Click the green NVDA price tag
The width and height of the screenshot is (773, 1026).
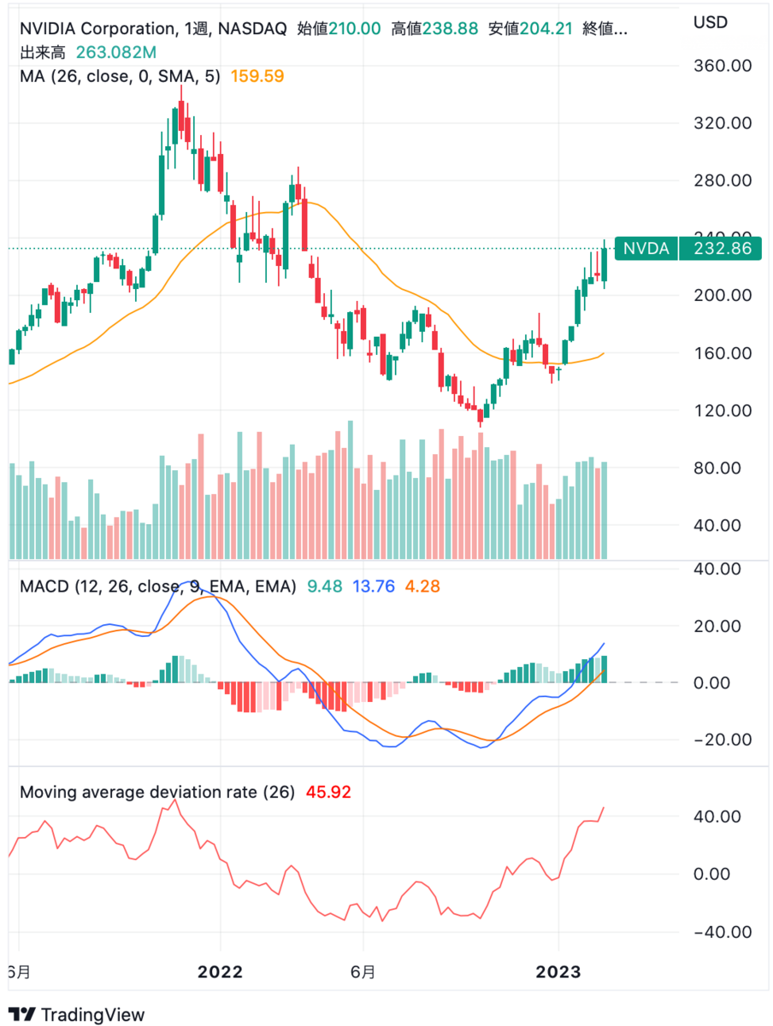pyautogui.click(x=646, y=249)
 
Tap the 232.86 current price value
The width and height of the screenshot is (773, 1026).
pyautogui.click(x=718, y=249)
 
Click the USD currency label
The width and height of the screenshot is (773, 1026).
pyautogui.click(x=710, y=20)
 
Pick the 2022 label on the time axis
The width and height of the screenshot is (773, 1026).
pyautogui.click(x=220, y=972)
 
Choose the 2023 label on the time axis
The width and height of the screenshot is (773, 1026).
pyautogui.click(x=558, y=972)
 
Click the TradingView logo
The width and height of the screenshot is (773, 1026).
pyautogui.click(x=82, y=1014)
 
